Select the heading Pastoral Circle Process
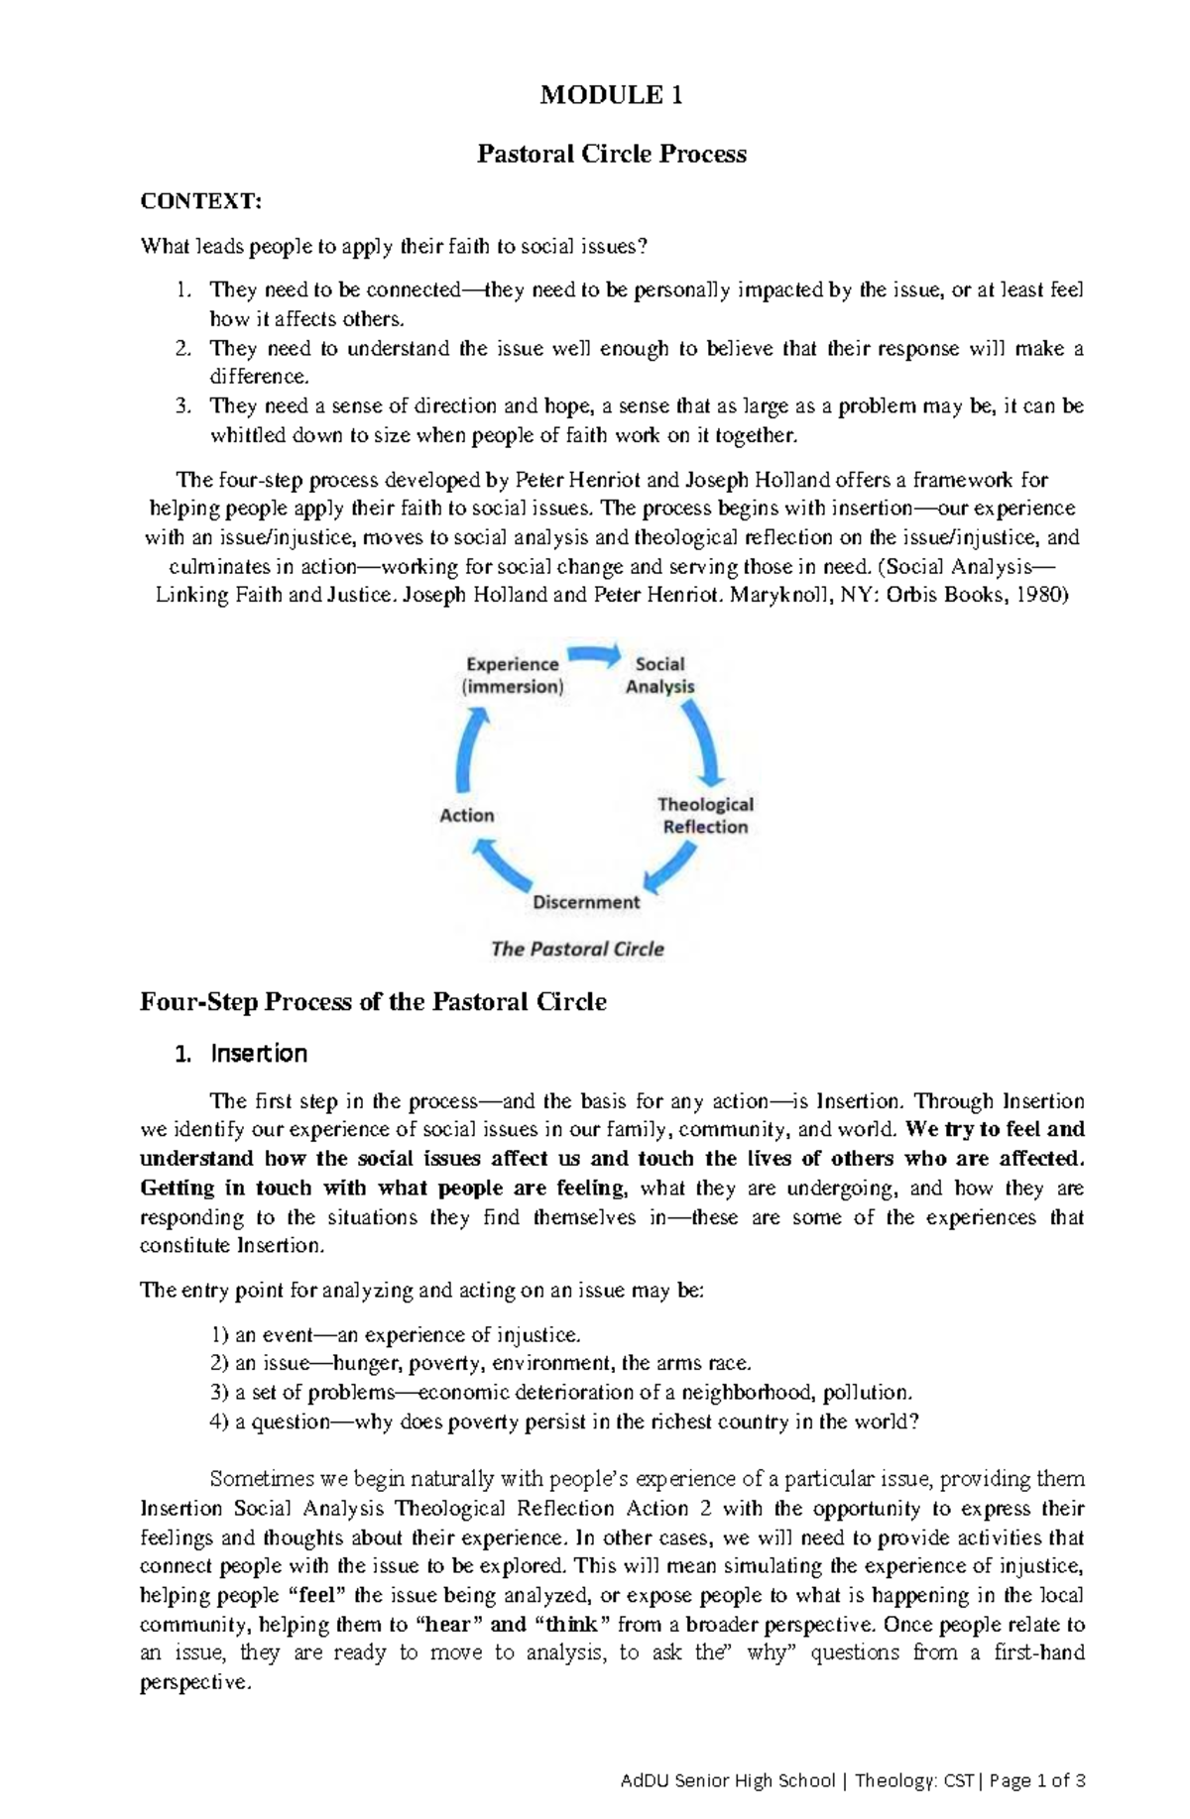click(x=611, y=154)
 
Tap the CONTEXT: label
click(x=201, y=201)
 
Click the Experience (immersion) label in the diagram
click(x=513, y=675)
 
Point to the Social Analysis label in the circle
click(x=659, y=675)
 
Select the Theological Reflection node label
click(x=705, y=816)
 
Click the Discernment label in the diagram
click(x=586, y=902)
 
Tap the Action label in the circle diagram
click(x=466, y=815)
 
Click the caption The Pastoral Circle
click(x=577, y=949)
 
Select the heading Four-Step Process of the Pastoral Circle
click(x=373, y=1001)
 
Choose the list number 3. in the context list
click(x=181, y=405)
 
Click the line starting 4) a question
click(x=565, y=1421)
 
